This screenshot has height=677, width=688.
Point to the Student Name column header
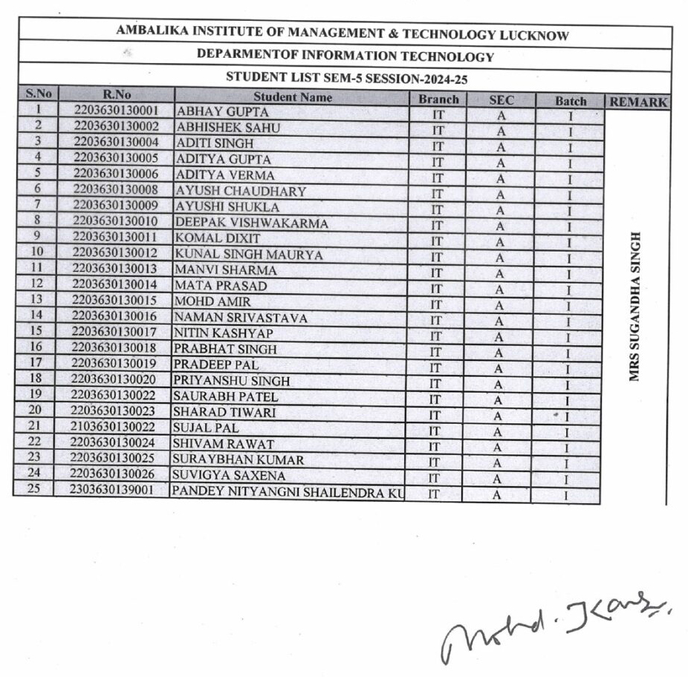point(293,97)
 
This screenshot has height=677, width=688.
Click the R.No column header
point(117,94)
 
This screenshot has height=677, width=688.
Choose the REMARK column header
point(638,102)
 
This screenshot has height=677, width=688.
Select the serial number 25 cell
point(33,488)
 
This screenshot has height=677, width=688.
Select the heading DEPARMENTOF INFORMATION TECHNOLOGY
point(345,56)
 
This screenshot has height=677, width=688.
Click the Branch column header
point(438,99)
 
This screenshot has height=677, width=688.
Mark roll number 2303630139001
point(112,490)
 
